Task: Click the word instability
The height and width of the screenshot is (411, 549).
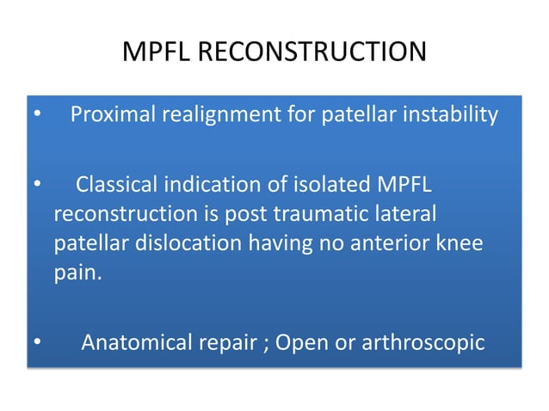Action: (455, 114)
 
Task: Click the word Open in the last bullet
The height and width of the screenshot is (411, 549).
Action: (297, 343)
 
